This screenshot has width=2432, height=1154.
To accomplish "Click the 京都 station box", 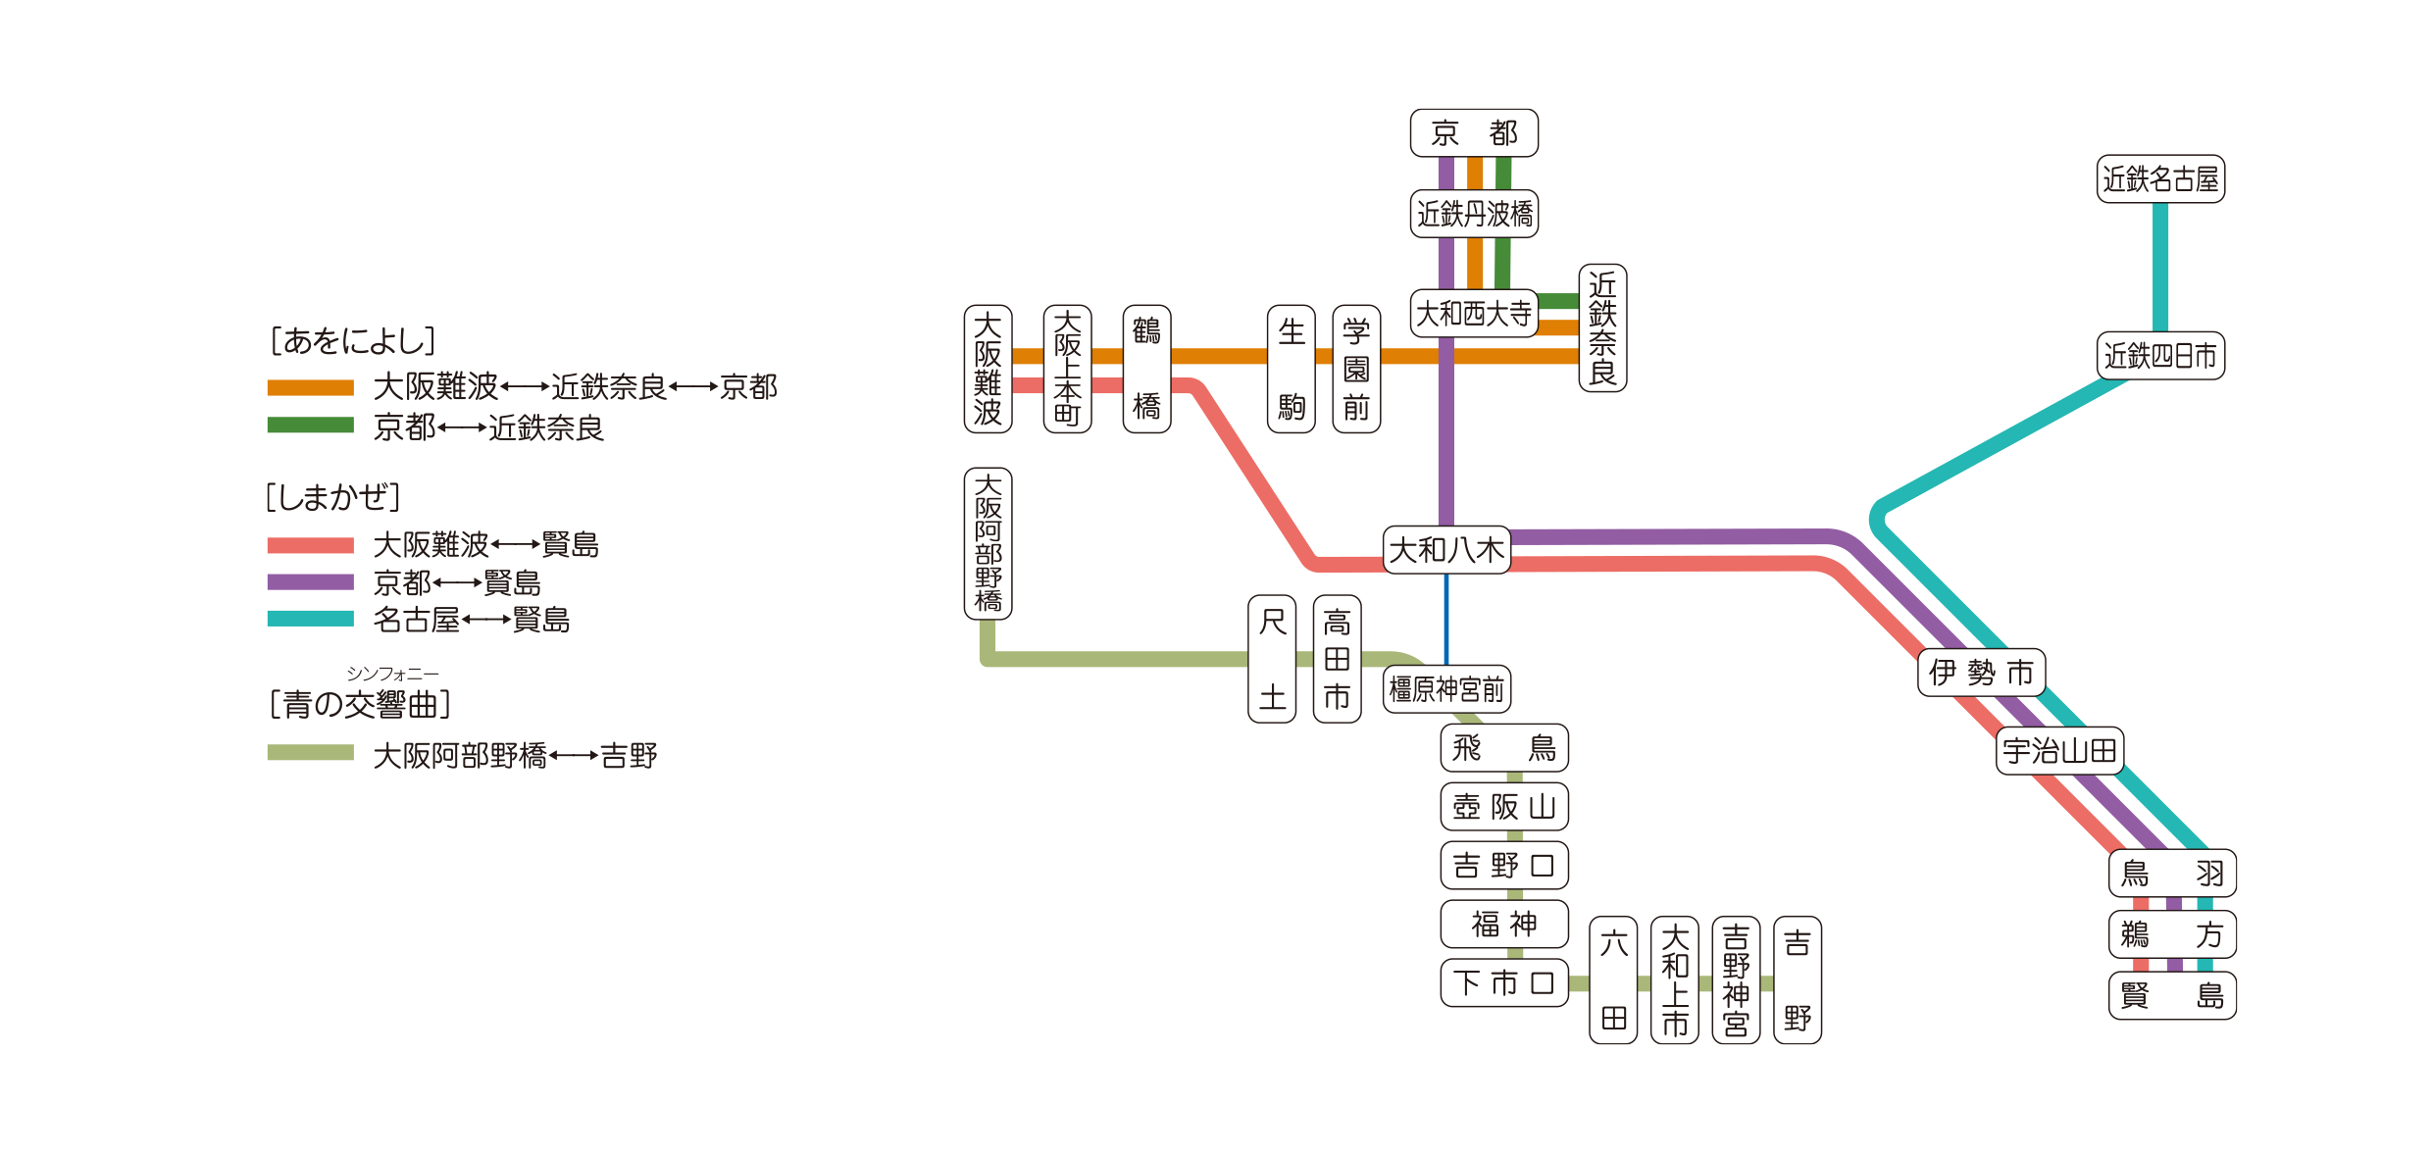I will coord(1474,133).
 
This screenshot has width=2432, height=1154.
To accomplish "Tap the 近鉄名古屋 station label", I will coord(2160,179).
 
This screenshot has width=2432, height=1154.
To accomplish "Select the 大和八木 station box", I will coord(1446,550).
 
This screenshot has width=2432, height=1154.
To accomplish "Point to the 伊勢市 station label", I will coord(1981,673).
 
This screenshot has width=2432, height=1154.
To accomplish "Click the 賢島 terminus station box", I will coord(2172,996).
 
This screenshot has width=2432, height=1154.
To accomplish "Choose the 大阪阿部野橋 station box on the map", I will coord(988,543).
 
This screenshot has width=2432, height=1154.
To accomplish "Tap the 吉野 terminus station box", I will coord(1798,979).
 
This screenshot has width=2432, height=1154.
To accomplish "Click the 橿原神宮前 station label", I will coord(1446,689).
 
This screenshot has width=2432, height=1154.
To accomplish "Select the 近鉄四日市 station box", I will coord(2160,356).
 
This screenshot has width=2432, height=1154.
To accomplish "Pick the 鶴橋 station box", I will coord(1146,369).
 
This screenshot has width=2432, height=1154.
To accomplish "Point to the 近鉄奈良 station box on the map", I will coord(1602,327).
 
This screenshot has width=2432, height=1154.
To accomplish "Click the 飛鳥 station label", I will coord(1504,748).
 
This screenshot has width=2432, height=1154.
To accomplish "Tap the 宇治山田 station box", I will coord(2059,751).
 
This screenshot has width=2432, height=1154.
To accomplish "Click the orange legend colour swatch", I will coord(310,387).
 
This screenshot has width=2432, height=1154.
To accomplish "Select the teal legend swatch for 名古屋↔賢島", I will coord(310,619).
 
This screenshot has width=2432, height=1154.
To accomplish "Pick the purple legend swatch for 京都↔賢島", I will coord(310,582).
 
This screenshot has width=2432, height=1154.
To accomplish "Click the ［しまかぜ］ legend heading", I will coord(333,497).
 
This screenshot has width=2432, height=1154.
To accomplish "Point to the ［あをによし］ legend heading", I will coord(352,340).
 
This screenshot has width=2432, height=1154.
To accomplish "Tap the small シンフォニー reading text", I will coord(392,674).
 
